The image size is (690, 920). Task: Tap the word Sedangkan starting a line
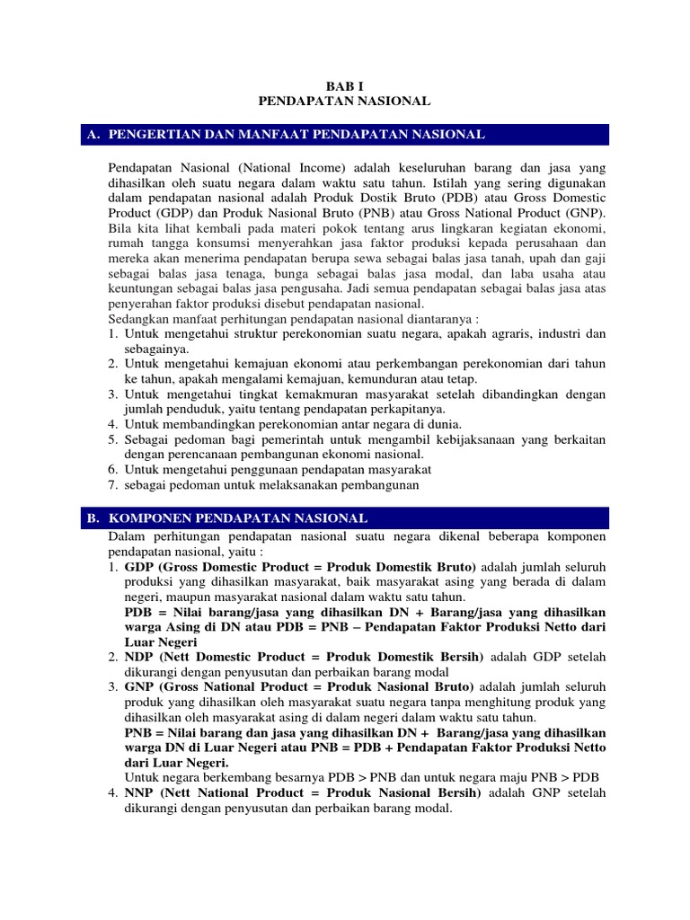click(136, 319)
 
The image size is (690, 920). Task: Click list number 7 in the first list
click(113, 485)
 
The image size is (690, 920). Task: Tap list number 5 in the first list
click(113, 439)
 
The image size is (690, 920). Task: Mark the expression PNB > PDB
click(571, 777)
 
